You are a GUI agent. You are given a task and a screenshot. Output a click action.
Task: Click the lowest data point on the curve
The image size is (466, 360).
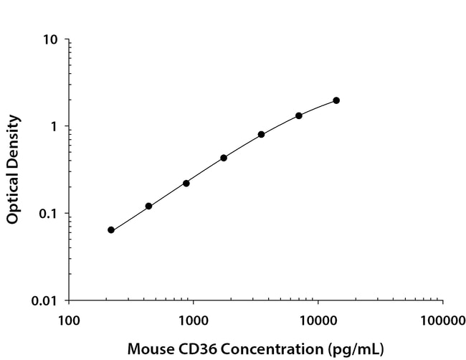point(111,230)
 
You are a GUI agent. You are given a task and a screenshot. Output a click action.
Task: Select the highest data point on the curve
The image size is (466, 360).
point(336,100)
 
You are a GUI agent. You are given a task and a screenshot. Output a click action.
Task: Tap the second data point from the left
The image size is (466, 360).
point(148,206)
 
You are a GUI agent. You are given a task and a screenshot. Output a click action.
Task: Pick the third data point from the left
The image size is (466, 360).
point(186,183)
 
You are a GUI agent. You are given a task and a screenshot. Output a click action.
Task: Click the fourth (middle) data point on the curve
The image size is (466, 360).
point(224,158)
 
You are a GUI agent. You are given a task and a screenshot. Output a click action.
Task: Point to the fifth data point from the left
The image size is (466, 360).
point(262,134)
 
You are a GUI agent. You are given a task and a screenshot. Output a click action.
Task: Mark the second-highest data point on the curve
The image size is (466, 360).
point(299,115)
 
